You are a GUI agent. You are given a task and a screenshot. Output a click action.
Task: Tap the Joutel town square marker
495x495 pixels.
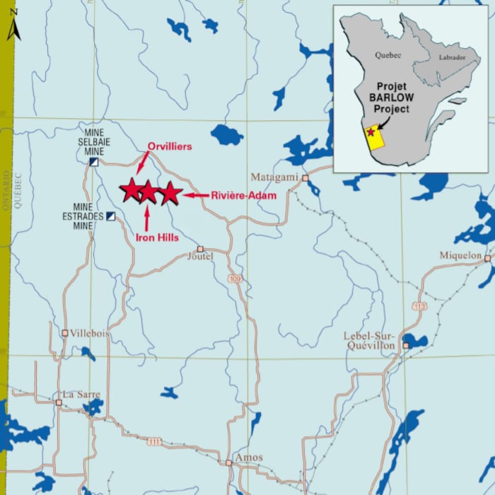[x=200, y=249]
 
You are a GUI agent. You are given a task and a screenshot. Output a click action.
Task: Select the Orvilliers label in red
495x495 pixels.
[x=169, y=146]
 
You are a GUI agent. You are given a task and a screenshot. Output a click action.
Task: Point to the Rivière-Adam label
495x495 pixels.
[x=243, y=194]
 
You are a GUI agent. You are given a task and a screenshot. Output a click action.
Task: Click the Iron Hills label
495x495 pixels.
[x=157, y=238]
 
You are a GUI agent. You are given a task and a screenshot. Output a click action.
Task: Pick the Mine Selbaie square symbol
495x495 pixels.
[x=93, y=162]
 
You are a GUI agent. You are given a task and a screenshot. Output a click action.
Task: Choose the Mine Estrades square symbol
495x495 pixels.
[x=110, y=216]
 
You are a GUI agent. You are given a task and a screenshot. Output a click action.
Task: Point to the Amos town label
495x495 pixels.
[x=248, y=458]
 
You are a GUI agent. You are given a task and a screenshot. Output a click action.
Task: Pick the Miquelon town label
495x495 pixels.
[x=460, y=255]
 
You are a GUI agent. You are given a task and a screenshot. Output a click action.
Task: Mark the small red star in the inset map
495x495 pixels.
[x=371, y=132]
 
